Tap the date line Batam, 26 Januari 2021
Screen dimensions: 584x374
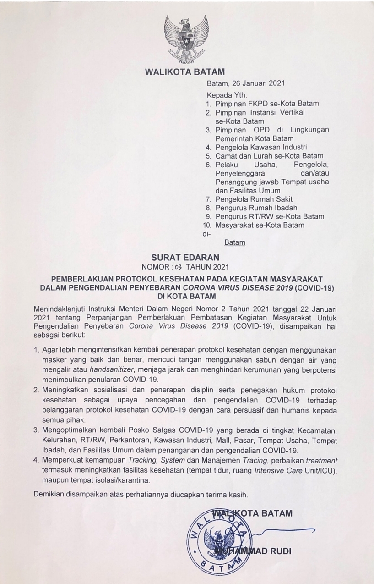coord(246,83)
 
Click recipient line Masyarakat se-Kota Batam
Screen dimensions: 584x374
coord(260,225)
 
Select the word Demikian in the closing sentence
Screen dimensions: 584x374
coord(49,495)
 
